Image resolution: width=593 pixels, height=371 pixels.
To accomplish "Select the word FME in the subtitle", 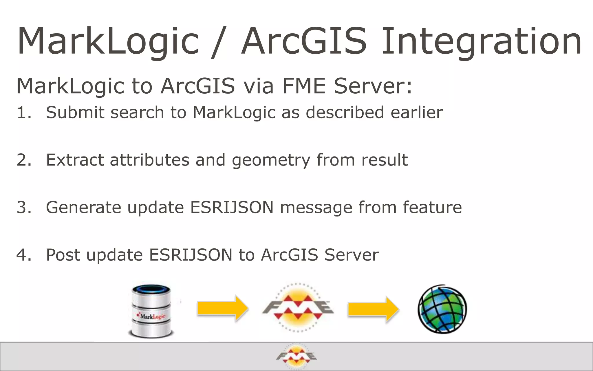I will point(304,86).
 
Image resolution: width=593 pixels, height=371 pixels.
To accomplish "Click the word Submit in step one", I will point(75,112).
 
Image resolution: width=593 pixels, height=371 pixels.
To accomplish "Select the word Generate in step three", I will point(83,208).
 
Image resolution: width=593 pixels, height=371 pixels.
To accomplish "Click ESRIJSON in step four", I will point(191,255).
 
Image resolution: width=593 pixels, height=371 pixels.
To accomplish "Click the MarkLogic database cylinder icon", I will point(151,312).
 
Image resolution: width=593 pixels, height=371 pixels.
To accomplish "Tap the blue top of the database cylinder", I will point(151,290).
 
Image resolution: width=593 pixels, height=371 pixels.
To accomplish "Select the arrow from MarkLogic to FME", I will point(222,308).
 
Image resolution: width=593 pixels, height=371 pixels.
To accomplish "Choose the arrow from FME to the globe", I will point(373,309).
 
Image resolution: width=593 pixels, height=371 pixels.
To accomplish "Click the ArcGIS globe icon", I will point(442,309).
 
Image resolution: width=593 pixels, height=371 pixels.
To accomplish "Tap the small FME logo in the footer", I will point(296,356).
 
